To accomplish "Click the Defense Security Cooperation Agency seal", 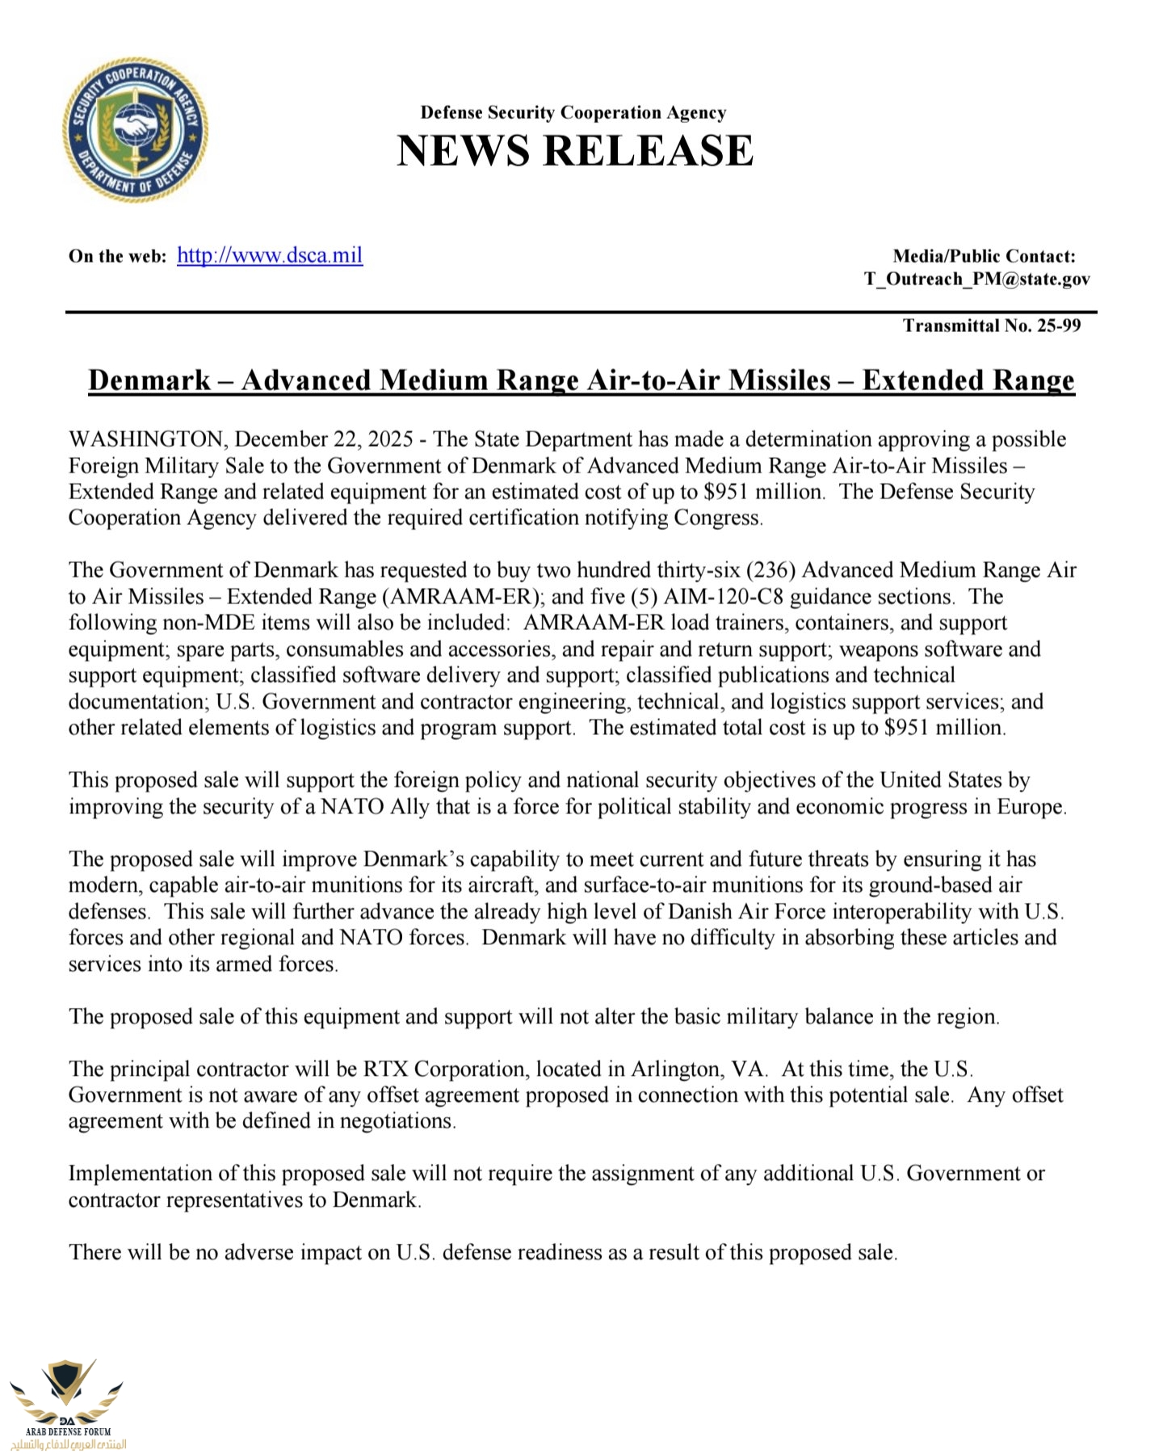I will (135, 129).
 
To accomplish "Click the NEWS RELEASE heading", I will (575, 150).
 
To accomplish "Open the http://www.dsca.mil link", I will (270, 255).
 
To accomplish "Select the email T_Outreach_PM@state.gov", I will (976, 279).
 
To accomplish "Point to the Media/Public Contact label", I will (984, 256).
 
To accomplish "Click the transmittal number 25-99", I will (1059, 326).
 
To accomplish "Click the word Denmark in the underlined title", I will (149, 380).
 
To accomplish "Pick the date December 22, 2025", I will (324, 439).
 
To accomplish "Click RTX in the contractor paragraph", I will (385, 1069).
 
